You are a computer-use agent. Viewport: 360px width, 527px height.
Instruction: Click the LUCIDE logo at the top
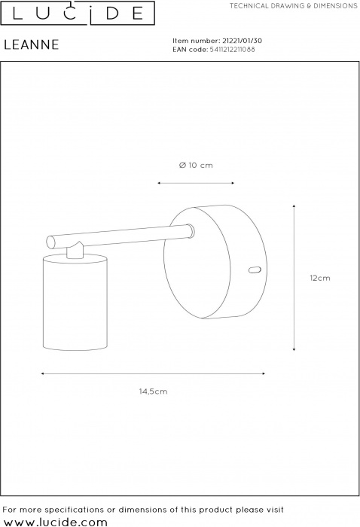78,13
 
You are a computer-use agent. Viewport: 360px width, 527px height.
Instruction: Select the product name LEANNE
32,44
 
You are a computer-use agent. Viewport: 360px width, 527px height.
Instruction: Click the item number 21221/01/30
242,41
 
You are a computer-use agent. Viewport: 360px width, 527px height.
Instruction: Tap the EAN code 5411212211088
232,50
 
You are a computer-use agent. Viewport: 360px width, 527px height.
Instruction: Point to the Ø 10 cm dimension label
196,165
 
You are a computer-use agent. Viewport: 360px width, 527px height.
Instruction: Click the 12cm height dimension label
320,278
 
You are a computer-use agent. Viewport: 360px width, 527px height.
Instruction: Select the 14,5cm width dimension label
154,391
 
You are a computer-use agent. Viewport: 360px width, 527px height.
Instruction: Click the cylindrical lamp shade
75,302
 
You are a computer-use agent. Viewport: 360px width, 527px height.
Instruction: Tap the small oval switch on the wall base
255,270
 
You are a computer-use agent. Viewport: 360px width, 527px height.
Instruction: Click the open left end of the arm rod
50,242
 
